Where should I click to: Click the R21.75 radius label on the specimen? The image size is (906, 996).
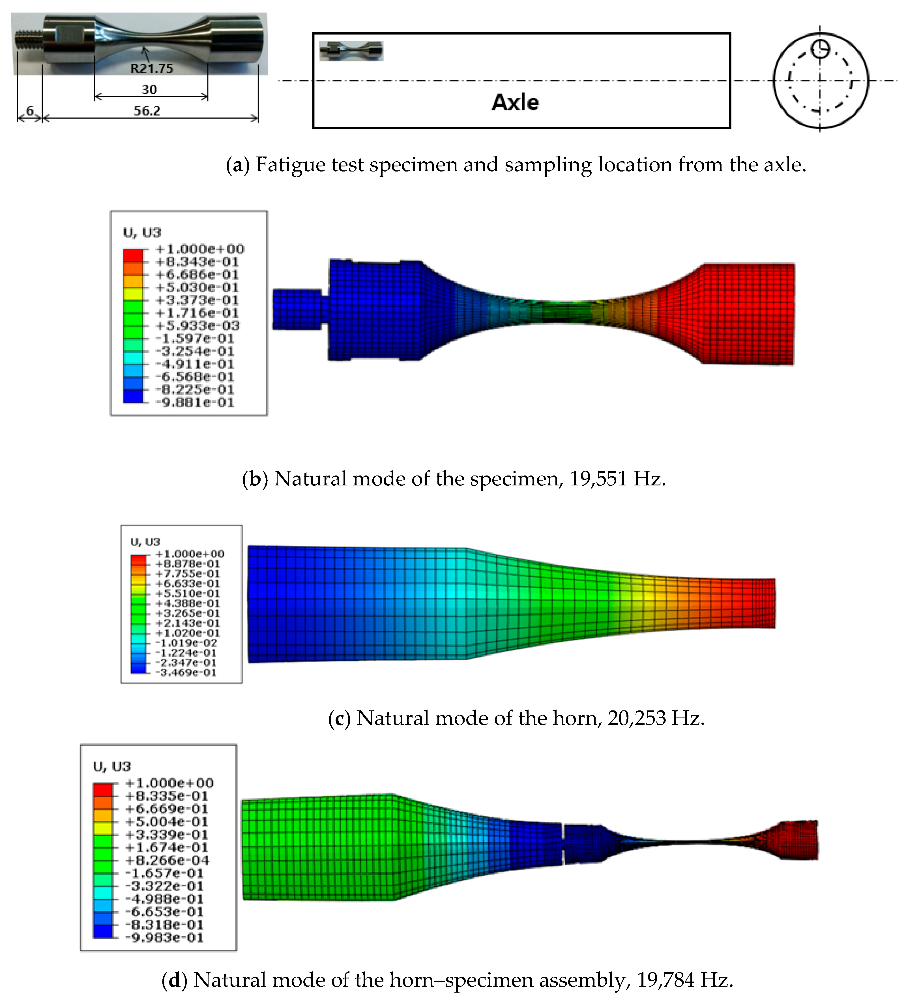click(x=152, y=69)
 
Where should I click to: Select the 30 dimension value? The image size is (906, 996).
click(x=149, y=89)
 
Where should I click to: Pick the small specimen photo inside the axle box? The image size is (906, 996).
click(x=351, y=51)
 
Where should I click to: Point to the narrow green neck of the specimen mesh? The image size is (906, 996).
click(x=563, y=312)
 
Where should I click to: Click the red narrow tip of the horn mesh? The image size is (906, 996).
click(x=763, y=603)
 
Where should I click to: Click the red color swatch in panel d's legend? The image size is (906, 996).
click(x=103, y=789)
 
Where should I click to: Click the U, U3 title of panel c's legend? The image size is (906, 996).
click(x=145, y=542)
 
